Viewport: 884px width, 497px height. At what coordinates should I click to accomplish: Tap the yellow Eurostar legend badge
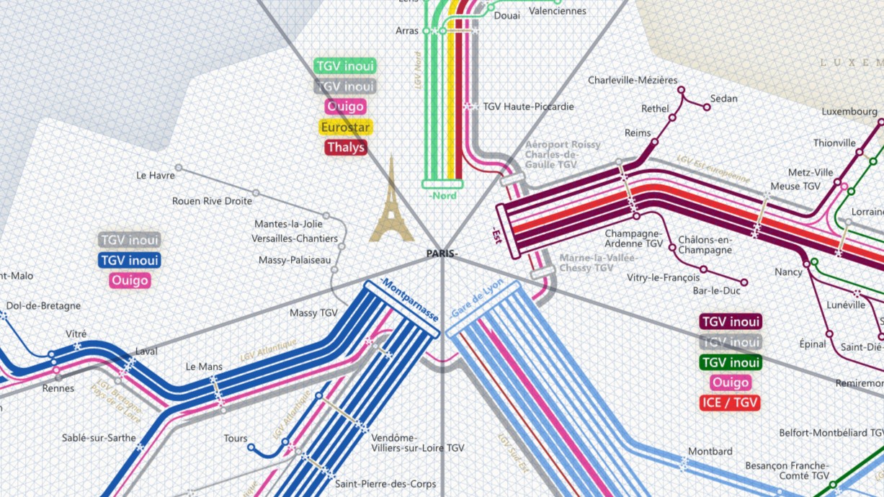[x=345, y=127]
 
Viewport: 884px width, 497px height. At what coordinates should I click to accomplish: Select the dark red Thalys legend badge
[x=346, y=148]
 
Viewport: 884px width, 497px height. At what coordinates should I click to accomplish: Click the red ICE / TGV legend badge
[x=731, y=403]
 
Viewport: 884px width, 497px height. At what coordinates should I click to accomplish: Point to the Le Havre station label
[x=156, y=175]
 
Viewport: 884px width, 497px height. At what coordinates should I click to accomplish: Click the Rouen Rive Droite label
[x=212, y=201]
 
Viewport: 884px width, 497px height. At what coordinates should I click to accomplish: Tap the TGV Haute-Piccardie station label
[x=528, y=107]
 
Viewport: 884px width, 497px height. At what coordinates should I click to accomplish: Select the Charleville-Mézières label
[x=633, y=80]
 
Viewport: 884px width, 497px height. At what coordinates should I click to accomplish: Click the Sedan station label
[x=723, y=99]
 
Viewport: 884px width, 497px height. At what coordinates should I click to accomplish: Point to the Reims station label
[x=638, y=133]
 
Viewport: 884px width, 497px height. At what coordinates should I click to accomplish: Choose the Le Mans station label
[x=204, y=367]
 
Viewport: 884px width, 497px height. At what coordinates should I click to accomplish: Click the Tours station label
[x=236, y=438]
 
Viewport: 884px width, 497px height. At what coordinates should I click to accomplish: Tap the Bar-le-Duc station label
[x=716, y=291]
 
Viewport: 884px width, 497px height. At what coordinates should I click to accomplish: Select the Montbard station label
[x=710, y=452]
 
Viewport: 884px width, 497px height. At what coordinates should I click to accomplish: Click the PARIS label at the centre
[x=442, y=254]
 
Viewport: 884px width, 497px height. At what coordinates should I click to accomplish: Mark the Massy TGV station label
[x=313, y=313]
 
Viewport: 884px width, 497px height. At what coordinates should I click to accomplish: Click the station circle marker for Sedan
[x=707, y=107]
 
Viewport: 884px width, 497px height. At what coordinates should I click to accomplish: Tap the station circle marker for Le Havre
[x=179, y=168]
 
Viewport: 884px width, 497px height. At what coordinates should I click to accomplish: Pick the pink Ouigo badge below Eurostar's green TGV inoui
[x=346, y=107]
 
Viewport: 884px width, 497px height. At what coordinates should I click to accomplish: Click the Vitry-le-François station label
[x=663, y=277]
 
